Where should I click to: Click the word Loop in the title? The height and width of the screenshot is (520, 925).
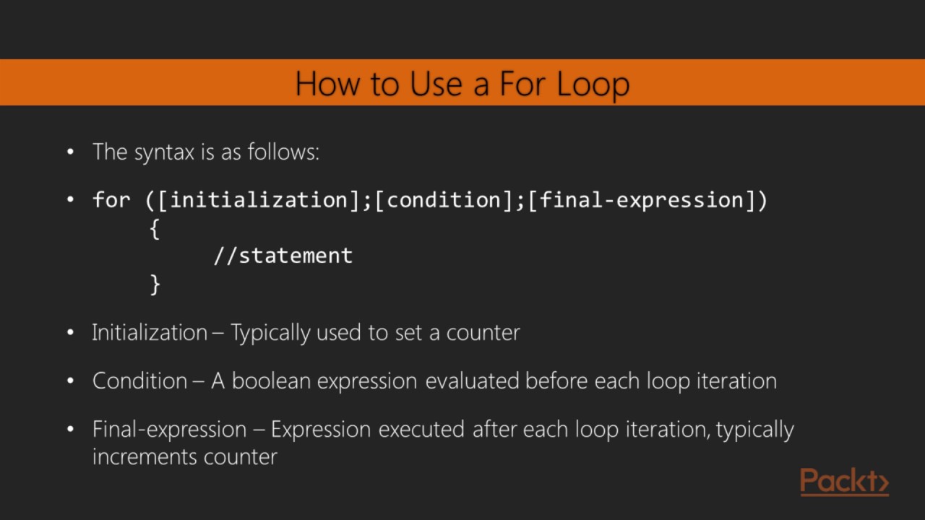593,84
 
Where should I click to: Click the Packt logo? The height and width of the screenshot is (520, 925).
844,482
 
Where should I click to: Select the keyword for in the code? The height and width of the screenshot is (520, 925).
111,200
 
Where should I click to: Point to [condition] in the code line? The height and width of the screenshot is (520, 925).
443,200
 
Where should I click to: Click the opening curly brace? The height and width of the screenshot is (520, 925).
154,229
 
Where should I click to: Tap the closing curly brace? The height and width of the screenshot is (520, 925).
154,284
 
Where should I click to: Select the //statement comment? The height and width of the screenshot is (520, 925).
283,256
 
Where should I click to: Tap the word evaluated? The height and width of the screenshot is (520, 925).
472,381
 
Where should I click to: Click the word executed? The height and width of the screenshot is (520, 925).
421,429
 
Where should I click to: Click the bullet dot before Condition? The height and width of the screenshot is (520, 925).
70,381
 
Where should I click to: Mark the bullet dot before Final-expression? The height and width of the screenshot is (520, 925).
70,429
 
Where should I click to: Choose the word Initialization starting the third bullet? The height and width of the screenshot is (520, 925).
149,333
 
